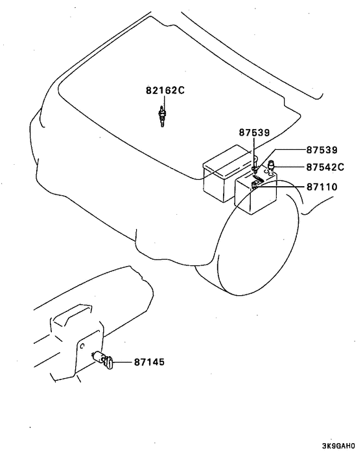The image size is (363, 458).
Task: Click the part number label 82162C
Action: (165, 90)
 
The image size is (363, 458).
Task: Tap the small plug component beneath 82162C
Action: (163, 116)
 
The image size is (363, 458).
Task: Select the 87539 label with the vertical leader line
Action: (254, 132)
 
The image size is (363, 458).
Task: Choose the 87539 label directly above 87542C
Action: (322, 150)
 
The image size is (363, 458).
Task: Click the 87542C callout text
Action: (325, 167)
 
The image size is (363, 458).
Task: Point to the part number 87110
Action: (322, 187)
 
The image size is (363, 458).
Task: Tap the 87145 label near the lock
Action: (149, 362)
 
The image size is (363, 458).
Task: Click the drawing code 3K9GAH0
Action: (338, 446)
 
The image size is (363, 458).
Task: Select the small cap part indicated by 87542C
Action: (272, 167)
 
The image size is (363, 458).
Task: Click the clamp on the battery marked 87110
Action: (255, 185)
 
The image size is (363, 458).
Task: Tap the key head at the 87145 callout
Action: (109, 362)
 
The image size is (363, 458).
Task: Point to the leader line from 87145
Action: (123, 362)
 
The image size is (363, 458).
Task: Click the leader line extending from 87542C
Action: (290, 167)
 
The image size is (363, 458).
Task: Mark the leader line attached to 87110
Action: (281, 186)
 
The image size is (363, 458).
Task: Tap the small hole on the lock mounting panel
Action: (82, 346)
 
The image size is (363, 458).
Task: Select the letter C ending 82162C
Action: (181, 90)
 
